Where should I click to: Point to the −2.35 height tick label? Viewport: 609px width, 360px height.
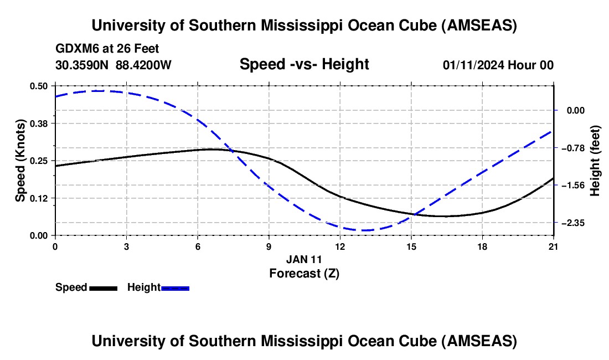click(573, 223)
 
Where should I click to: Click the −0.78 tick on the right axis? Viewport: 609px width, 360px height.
click(573, 148)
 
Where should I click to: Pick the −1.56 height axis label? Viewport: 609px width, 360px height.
click(573, 186)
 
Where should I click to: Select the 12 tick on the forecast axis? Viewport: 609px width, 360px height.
click(340, 246)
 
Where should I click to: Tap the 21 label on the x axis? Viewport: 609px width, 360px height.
click(554, 246)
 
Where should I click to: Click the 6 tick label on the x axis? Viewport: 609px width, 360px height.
click(198, 246)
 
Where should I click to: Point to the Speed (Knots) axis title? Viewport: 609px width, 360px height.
click(20, 160)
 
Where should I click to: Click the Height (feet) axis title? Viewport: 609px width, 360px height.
click(596, 161)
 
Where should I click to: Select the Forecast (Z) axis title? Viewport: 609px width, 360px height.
click(304, 273)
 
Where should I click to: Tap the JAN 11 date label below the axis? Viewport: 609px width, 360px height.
click(304, 259)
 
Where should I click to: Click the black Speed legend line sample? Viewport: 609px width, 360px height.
click(103, 288)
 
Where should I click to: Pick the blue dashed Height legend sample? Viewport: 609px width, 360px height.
click(175, 288)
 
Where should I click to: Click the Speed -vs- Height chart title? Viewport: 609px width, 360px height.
click(304, 65)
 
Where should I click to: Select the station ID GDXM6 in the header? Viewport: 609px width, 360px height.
click(76, 49)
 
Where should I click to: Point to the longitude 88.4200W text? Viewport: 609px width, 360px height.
click(143, 65)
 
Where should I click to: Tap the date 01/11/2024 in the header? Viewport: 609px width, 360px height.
click(473, 65)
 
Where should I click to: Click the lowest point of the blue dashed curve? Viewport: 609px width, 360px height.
click(363, 230)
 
